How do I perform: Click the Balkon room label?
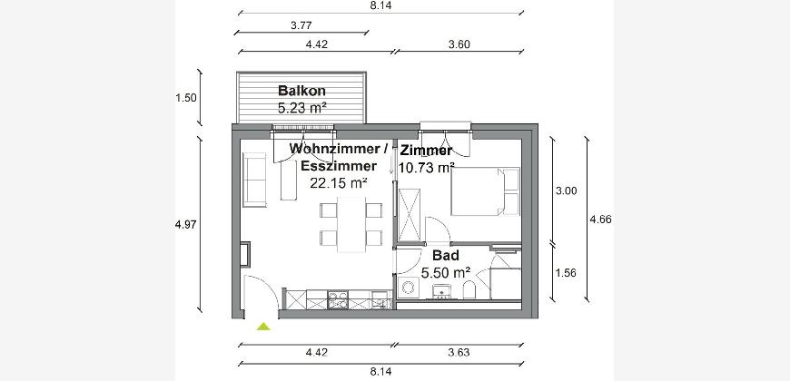301,91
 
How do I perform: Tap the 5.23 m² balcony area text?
301,108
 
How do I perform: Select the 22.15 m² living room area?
338,183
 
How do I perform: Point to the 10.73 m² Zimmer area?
427,168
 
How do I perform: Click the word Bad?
446,256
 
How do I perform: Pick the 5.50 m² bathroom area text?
446,273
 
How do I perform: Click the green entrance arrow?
263,327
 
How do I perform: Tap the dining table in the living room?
351,224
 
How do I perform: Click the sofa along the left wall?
254,180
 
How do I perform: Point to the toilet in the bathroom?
469,290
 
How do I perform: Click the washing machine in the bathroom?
407,288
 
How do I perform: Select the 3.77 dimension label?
301,25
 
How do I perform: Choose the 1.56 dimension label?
566,273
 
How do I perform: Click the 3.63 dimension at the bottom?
459,352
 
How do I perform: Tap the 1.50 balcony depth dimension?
186,98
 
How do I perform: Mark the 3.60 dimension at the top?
459,44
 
